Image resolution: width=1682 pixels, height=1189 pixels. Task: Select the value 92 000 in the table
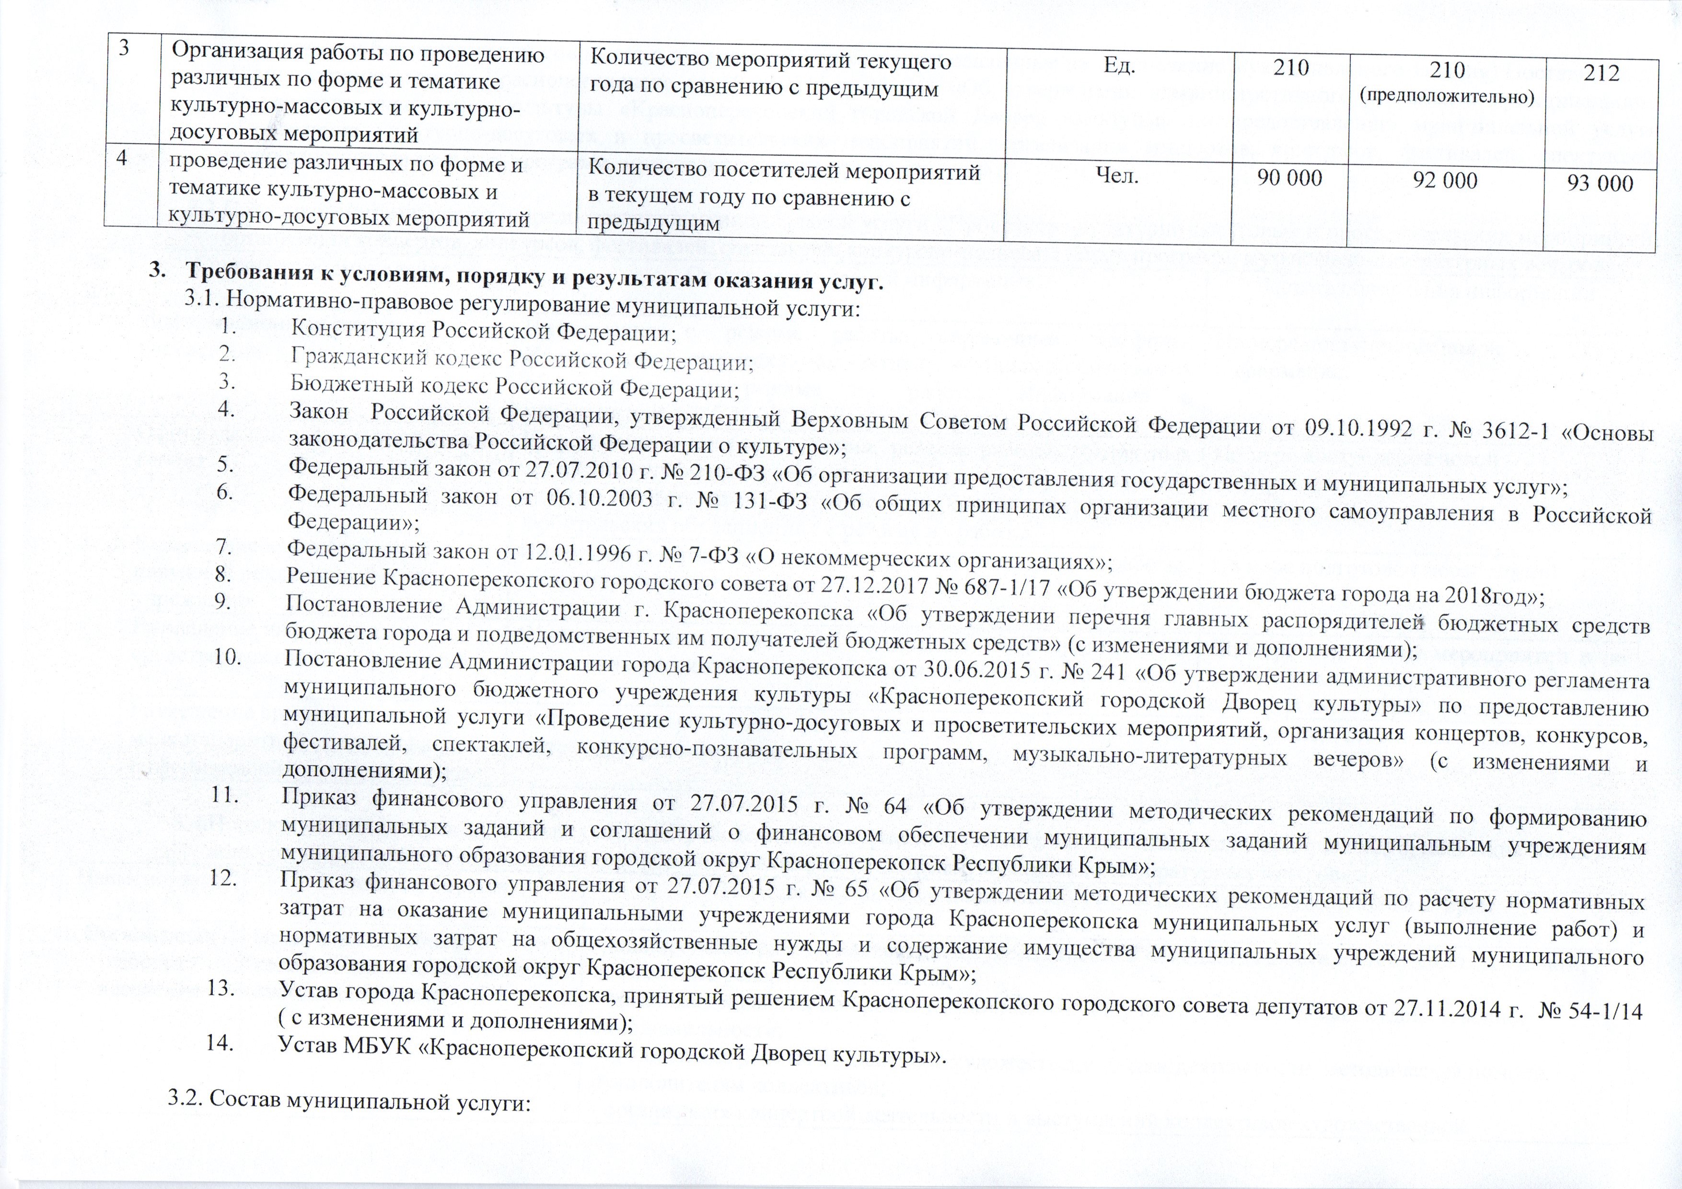coord(1445,180)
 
